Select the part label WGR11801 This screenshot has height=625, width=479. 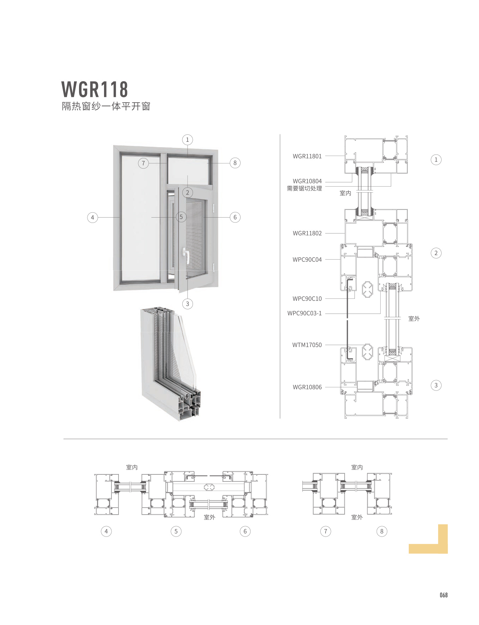click(x=307, y=156)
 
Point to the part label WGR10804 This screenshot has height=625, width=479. click(x=307, y=181)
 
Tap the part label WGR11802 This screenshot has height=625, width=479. click(x=307, y=233)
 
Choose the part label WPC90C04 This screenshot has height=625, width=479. click(x=307, y=260)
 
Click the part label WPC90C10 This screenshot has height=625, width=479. click(x=307, y=299)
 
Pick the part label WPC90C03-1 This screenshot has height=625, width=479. click(x=304, y=313)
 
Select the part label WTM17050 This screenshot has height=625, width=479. click(x=307, y=345)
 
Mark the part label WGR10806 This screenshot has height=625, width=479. click(x=307, y=387)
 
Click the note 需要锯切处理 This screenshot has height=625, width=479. click(x=304, y=189)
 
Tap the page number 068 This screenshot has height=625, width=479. click(x=443, y=595)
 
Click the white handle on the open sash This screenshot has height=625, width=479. click(x=185, y=255)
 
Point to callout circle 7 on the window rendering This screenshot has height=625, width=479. click(x=143, y=163)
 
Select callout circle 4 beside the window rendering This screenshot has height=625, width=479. click(x=92, y=217)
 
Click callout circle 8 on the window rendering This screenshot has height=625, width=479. click(x=235, y=163)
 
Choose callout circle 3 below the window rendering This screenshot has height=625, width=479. click(x=187, y=304)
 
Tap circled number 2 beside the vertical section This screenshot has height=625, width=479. click(x=436, y=253)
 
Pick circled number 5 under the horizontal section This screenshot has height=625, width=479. click(x=176, y=531)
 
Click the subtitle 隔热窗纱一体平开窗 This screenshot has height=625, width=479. click(x=106, y=106)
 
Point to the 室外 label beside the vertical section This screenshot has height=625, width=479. click(x=414, y=319)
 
